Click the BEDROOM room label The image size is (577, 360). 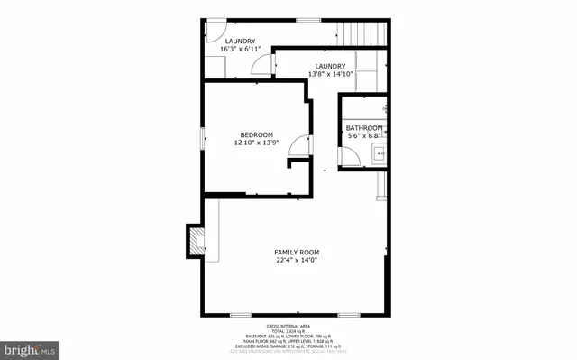256,134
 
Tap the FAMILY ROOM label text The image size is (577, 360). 298,252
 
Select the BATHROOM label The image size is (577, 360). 364,128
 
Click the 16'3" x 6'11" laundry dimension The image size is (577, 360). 241,49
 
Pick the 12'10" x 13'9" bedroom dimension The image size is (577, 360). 256,143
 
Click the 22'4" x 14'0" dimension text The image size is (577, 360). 298,260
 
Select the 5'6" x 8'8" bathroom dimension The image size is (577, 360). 364,136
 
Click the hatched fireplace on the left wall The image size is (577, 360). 195,240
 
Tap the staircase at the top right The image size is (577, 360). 366,32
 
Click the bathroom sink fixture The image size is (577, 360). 380,152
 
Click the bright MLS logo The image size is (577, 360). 31,347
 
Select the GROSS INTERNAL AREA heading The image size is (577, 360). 288,325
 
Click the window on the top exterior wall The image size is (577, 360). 308,19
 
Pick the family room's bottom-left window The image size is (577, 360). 241,314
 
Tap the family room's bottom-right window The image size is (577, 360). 350,314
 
